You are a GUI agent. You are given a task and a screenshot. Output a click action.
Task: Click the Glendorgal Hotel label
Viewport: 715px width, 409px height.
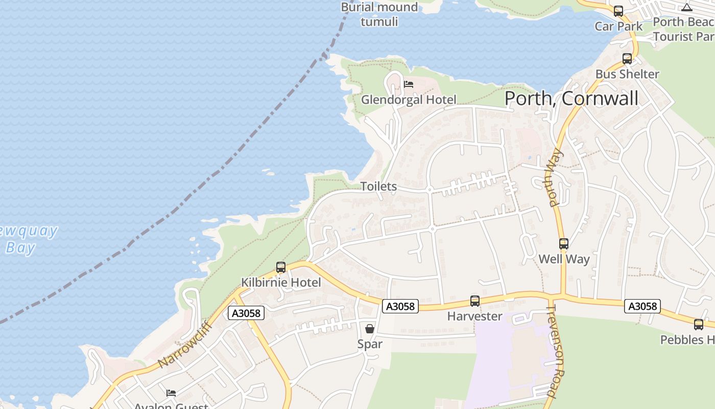[409, 100]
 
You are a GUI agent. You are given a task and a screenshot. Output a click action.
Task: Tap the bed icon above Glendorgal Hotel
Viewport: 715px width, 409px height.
[409, 84]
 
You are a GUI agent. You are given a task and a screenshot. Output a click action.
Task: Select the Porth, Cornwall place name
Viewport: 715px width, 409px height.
[571, 98]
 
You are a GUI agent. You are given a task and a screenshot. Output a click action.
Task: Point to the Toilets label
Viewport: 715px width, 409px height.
[378, 186]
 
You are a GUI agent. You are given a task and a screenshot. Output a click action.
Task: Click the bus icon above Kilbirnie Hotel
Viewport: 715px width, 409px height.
[280, 267]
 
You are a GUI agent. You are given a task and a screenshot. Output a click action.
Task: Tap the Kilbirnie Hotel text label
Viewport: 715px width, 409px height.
[281, 282]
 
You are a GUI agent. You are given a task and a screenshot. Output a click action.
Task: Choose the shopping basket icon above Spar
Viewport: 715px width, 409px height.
[370, 328]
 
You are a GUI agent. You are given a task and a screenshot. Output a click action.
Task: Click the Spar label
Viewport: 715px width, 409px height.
[370, 344]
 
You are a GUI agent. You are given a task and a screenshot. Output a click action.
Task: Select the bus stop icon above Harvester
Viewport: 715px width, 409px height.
[475, 301]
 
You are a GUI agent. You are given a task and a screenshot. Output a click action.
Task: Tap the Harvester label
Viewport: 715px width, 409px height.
[475, 316]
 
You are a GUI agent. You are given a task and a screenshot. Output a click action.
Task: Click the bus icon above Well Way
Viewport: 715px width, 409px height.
[564, 244]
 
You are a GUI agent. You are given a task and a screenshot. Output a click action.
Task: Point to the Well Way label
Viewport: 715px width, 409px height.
[564, 259]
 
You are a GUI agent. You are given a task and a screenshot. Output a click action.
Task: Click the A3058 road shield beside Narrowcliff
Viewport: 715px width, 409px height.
[247, 313]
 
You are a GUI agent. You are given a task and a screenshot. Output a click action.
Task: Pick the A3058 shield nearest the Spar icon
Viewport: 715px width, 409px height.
[401, 306]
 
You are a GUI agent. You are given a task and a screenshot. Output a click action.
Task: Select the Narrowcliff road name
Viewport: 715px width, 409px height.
[184, 344]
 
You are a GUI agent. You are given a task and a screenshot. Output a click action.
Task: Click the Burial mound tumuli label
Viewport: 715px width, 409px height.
[379, 14]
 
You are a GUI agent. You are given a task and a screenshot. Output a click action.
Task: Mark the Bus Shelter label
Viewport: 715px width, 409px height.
[627, 74]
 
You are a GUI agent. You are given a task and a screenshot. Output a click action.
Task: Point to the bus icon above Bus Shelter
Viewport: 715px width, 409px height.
[627, 59]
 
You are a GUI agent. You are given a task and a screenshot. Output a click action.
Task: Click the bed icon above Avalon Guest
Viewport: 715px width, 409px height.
[171, 393]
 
